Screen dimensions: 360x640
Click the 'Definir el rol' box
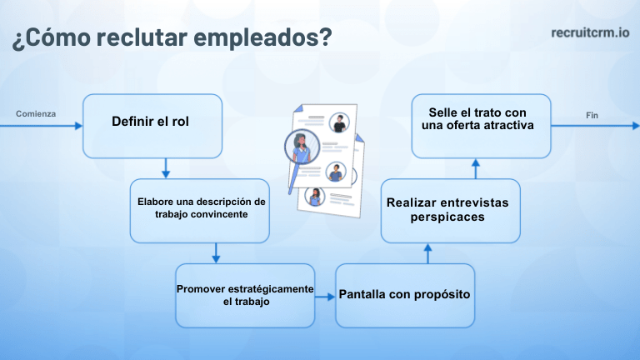(x=152, y=125)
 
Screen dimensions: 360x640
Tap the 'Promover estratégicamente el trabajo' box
(x=244, y=295)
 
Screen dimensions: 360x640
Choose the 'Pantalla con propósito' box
(x=405, y=295)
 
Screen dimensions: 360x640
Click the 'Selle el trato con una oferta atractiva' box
(x=481, y=125)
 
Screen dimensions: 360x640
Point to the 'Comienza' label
(x=35, y=113)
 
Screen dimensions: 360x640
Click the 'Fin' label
(x=592, y=115)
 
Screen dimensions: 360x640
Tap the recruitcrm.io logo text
(x=589, y=32)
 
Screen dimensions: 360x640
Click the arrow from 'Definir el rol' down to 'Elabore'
(x=165, y=168)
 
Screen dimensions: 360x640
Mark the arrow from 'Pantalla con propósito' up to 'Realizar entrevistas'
(x=427, y=253)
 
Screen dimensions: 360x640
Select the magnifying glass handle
(x=292, y=181)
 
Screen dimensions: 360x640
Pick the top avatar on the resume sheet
(x=338, y=122)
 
